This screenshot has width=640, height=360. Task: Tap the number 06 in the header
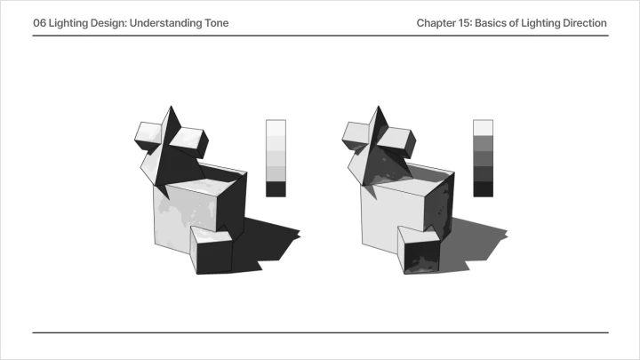click(40, 23)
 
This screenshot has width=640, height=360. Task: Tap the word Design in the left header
click(109, 23)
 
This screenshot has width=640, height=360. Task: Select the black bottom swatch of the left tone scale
click(276, 189)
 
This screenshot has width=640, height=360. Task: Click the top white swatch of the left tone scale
click(276, 128)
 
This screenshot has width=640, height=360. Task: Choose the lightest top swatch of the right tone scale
click(484, 128)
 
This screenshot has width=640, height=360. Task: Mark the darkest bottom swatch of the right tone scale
click(484, 189)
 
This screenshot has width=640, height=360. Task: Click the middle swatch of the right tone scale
click(484, 158)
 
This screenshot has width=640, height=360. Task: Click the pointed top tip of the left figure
click(171, 106)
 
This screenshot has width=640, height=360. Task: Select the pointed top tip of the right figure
click(379, 106)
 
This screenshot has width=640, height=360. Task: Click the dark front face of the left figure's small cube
click(215, 256)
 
